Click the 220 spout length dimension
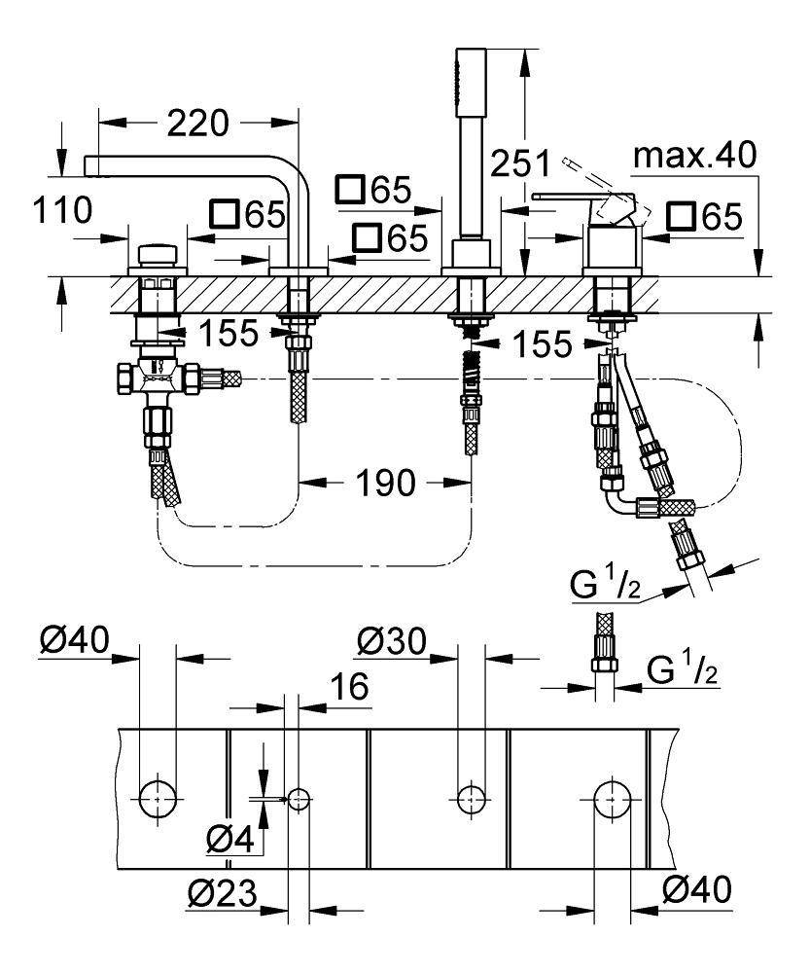[x=197, y=124]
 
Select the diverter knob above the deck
[x=158, y=255]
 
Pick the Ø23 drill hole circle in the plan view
[x=298, y=799]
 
